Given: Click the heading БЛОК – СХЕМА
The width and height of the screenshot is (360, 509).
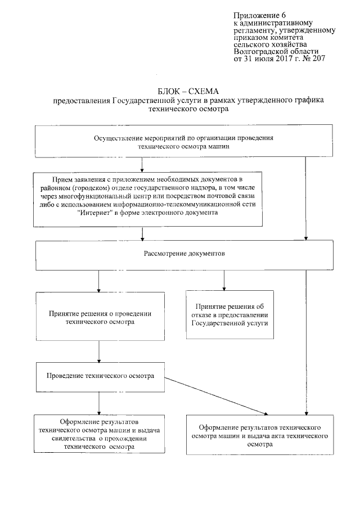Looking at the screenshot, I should point(188,91).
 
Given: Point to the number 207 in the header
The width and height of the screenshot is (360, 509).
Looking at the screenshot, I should point(316,58).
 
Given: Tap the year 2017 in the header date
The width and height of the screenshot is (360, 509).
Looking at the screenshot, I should point(275,58).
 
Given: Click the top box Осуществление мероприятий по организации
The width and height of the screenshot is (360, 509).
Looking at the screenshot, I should point(182,141).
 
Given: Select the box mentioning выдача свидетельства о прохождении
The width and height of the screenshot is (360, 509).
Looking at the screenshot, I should point(98,434).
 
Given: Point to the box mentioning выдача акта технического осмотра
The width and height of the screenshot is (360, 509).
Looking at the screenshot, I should point(260,432).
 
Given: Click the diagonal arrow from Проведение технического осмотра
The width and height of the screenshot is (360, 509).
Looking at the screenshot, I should point(219,395).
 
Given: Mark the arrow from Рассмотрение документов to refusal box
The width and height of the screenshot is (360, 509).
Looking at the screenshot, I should point(224,280).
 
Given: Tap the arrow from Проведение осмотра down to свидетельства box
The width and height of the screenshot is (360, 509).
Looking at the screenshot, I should point(99,403).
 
